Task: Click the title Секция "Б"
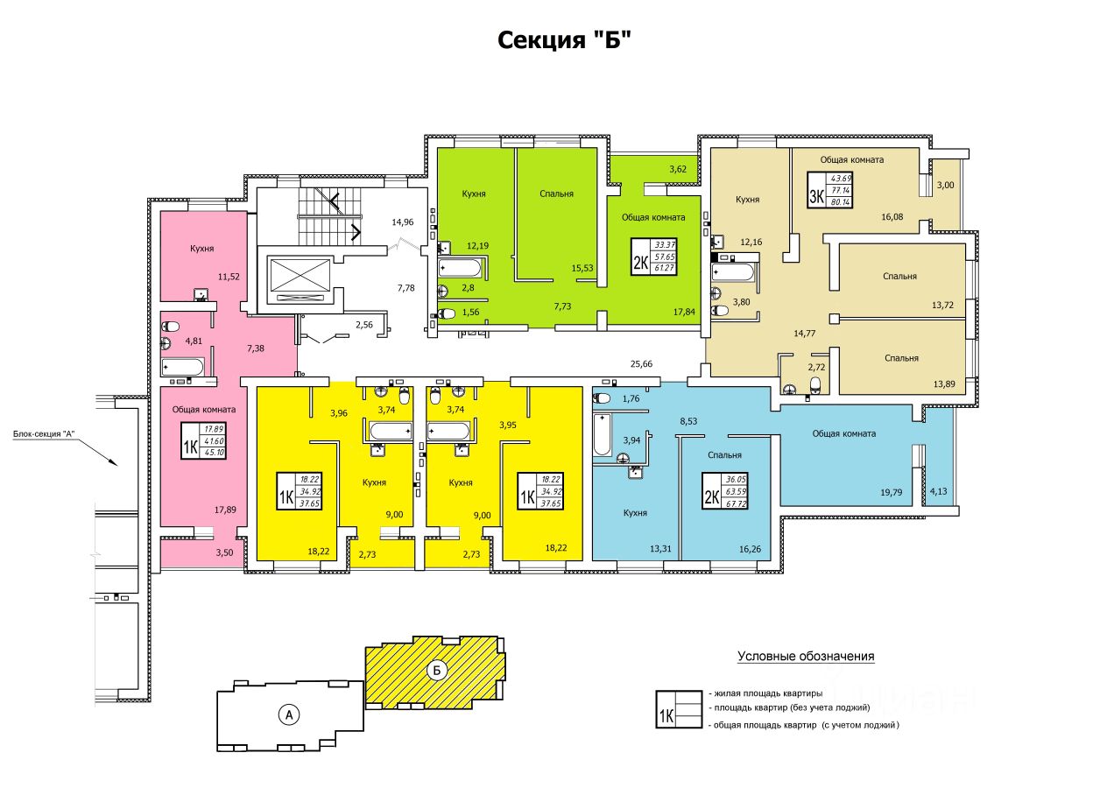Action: (x=564, y=40)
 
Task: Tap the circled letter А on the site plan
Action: (x=286, y=714)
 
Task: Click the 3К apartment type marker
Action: (x=816, y=195)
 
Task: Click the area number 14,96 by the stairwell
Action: (x=404, y=222)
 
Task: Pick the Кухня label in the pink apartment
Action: (x=202, y=249)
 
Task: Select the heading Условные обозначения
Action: (x=806, y=656)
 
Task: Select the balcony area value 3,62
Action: (x=678, y=169)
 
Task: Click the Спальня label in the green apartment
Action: (x=556, y=194)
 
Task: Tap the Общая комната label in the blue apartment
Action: (x=843, y=433)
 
